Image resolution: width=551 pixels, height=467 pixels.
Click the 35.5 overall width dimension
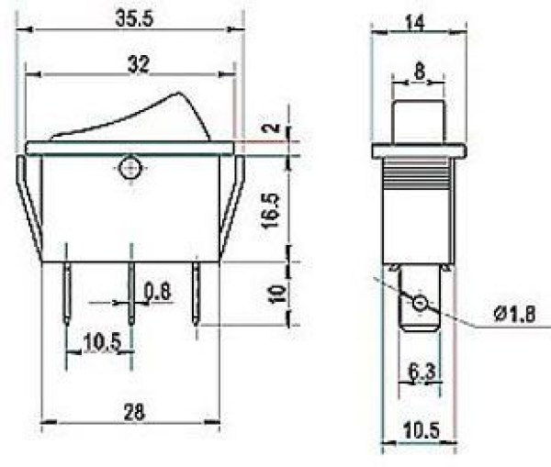click(x=135, y=18)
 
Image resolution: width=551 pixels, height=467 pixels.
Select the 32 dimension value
click(x=138, y=65)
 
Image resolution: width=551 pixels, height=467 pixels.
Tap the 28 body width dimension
click(x=134, y=412)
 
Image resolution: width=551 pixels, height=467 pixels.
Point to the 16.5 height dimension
click(x=273, y=211)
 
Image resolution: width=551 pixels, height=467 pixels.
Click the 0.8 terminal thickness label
click(x=158, y=292)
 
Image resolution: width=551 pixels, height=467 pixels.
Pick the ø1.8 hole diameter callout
click(x=514, y=315)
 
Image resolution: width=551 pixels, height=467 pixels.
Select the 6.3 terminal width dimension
click(x=422, y=372)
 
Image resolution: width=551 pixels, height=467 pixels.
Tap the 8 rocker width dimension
click(x=420, y=72)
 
